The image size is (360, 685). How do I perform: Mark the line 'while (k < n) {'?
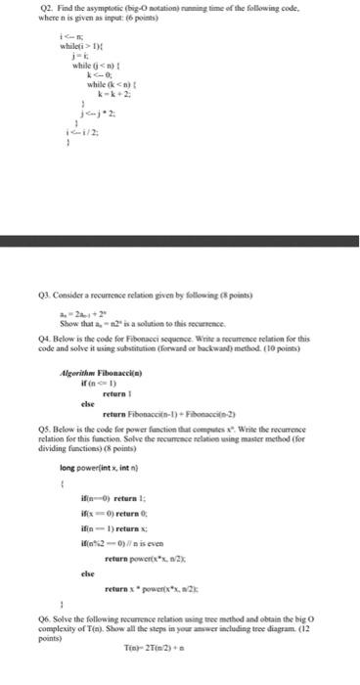click(115, 85)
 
